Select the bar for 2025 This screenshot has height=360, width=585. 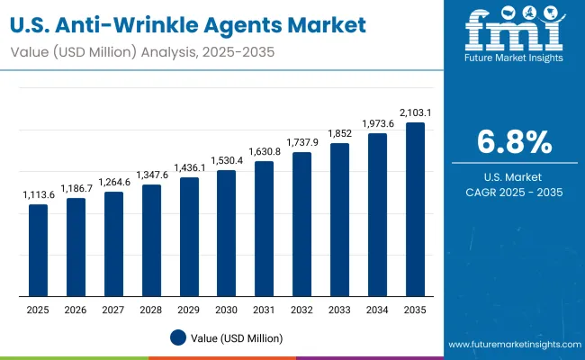[38, 250]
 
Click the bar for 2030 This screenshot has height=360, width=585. [226, 233]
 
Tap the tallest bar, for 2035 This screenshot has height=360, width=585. [415, 209]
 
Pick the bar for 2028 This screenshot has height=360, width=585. [150, 240]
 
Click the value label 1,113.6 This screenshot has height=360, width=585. [38, 195]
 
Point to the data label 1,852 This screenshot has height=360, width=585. [339, 134]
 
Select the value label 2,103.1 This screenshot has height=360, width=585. [415, 113]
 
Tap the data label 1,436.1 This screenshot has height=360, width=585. [188, 168]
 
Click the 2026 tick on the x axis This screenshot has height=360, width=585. [76, 310]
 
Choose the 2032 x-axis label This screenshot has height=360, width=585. [301, 310]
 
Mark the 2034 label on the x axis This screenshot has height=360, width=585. [377, 310]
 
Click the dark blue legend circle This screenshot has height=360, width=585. [178, 337]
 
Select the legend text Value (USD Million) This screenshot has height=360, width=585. [236, 337]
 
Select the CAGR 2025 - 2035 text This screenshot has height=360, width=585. [514, 192]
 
